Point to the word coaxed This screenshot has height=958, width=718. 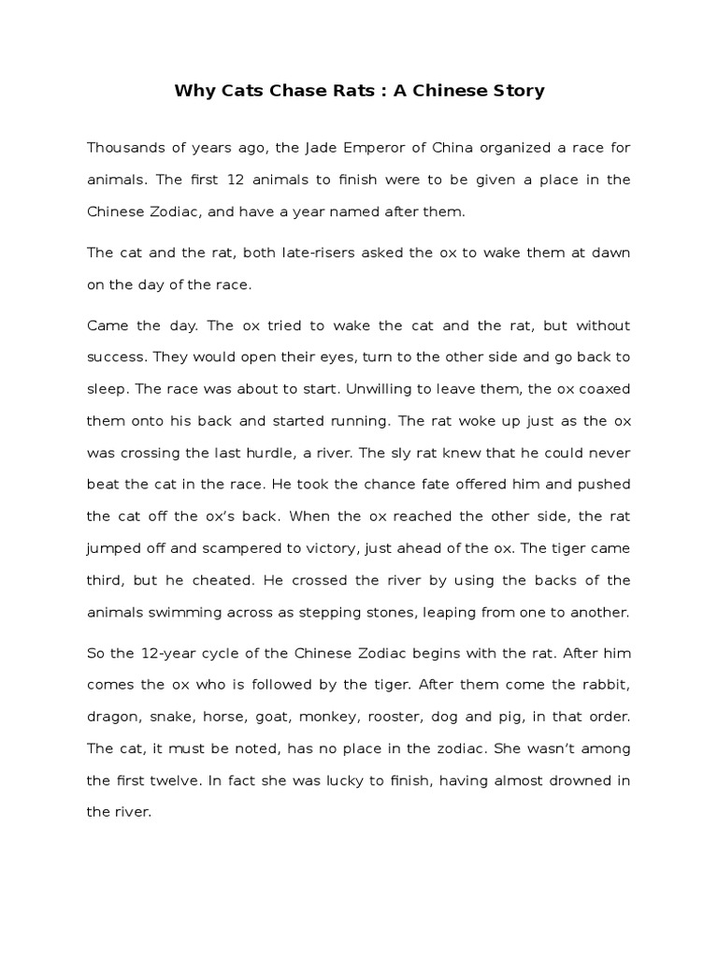point(604,389)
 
